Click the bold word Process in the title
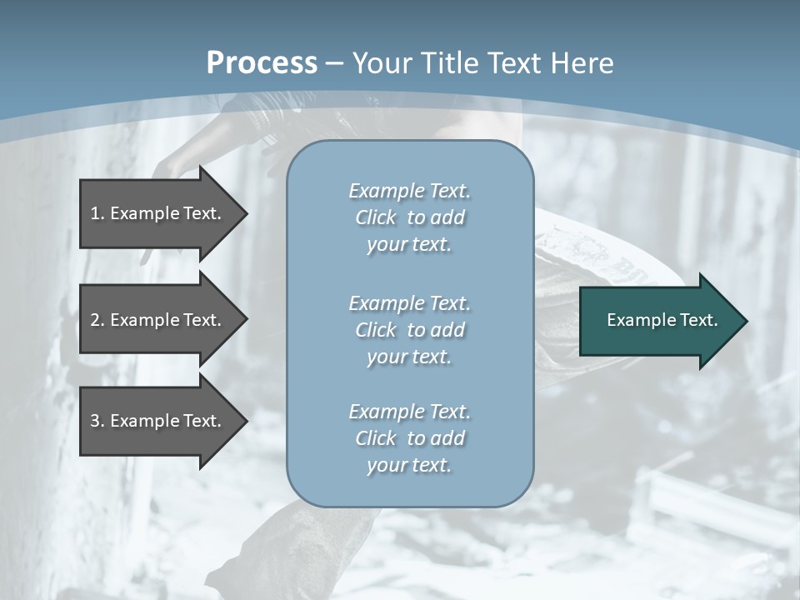tap(262, 63)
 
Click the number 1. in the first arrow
tap(97, 213)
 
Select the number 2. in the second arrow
tap(97, 320)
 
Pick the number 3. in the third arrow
tap(97, 421)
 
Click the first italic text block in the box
tap(409, 217)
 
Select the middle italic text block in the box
tap(409, 329)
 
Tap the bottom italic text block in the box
tap(409, 437)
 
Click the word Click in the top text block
tap(375, 217)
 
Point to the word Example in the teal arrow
tap(635, 320)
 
